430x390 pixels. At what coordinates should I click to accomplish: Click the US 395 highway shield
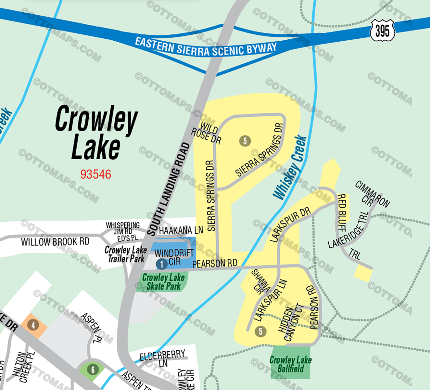(382, 31)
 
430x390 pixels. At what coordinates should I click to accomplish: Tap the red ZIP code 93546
(96, 175)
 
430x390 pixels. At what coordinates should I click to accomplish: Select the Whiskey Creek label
(290, 168)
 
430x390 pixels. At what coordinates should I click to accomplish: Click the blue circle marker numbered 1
(161, 264)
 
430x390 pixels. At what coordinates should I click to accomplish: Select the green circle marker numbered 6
(93, 369)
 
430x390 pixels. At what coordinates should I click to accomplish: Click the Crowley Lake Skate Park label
(163, 282)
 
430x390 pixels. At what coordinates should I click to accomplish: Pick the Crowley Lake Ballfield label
(290, 364)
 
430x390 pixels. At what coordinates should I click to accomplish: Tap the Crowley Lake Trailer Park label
(126, 254)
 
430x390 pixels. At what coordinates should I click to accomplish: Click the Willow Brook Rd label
(55, 242)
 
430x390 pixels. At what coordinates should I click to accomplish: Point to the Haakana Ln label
(181, 230)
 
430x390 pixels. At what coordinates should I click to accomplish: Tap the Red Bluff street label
(342, 212)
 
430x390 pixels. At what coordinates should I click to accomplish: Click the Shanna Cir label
(260, 281)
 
